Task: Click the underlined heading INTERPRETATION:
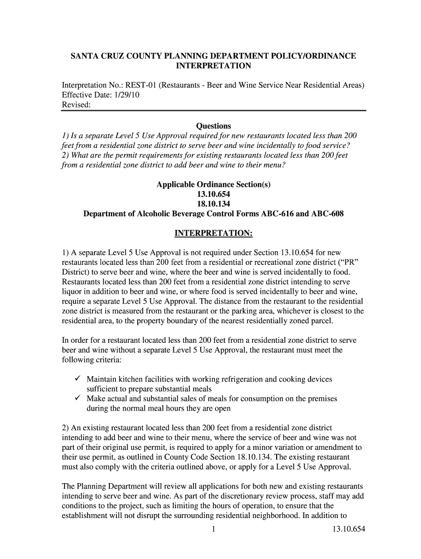[213, 234]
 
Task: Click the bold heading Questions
[213, 126]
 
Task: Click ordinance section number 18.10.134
[213, 204]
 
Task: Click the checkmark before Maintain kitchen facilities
[77, 379]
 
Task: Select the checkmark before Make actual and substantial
[77, 399]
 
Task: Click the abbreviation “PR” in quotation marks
[351, 263]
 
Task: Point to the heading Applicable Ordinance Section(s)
[213, 185]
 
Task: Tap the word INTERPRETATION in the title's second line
[213, 66]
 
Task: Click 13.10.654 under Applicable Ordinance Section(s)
[213, 194]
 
